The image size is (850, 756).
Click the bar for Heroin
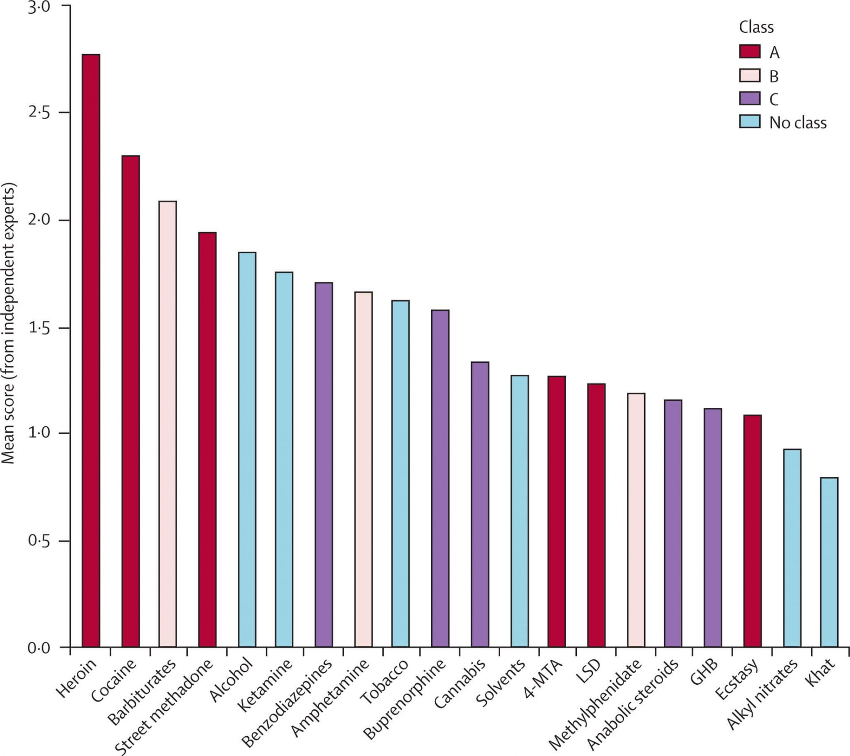(91, 350)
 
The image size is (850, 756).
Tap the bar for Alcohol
(247, 450)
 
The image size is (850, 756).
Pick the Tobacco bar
(400, 474)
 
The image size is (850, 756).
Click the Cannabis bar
(480, 504)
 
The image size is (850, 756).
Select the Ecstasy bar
(752, 531)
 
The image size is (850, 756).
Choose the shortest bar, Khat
(829, 562)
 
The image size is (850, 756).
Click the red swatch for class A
(750, 52)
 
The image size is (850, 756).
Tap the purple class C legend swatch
(750, 99)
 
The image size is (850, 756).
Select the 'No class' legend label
(798, 123)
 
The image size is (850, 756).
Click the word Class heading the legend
(756, 27)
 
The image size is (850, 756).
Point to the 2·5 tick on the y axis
(39, 112)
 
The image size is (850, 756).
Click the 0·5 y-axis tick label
(39, 541)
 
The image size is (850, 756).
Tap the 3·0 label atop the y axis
(39, 8)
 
